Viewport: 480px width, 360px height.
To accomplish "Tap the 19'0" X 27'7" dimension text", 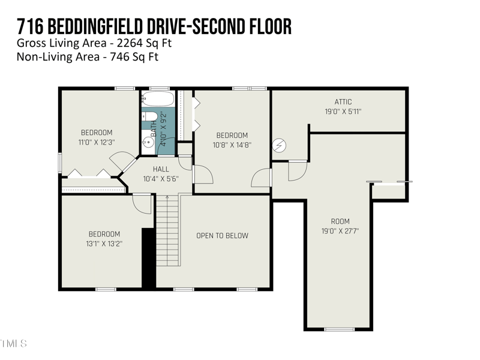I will coord(340,231).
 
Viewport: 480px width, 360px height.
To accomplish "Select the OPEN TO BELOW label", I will coord(222,236).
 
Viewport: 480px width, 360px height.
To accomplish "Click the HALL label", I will coord(161,169).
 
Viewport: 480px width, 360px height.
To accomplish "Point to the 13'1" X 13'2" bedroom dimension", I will coord(104,244).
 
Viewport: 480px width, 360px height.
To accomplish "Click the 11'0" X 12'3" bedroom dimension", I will coord(97,142).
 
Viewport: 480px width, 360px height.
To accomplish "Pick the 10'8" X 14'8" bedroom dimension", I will coord(232,145).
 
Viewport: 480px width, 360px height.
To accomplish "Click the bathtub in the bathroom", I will coord(158,99).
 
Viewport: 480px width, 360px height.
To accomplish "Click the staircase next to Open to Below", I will coord(168,231).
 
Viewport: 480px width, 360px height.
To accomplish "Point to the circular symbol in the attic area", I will coord(280,145).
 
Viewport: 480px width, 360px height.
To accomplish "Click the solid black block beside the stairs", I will coord(148,258).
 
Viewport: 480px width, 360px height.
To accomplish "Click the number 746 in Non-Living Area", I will coord(120,57).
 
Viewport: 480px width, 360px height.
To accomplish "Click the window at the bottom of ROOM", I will coord(339,329).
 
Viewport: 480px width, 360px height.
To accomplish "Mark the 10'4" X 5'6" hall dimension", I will coord(161,179).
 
